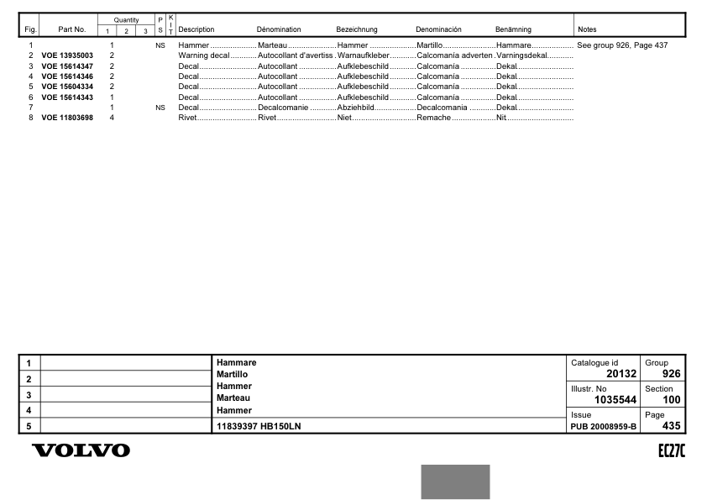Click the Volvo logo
pyautogui.click(x=81, y=451)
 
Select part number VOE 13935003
pyautogui.click(x=67, y=55)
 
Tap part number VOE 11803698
pyautogui.click(x=67, y=118)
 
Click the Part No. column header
pyautogui.click(x=72, y=29)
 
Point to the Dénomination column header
pyautogui.click(x=279, y=29)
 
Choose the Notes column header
pyautogui.click(x=587, y=29)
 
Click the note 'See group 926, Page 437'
pyautogui.click(x=622, y=45)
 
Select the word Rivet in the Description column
pyautogui.click(x=187, y=118)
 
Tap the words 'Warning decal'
pyautogui.click(x=199, y=55)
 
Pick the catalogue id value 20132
pyautogui.click(x=621, y=374)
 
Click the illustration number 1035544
pyautogui.click(x=615, y=400)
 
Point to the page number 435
pyautogui.click(x=671, y=426)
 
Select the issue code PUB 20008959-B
pyautogui.click(x=604, y=426)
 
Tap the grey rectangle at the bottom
pyautogui.click(x=455, y=482)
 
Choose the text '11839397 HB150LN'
pyautogui.click(x=259, y=426)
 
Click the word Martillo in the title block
pyautogui.click(x=232, y=373)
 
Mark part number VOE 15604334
pyautogui.click(x=67, y=87)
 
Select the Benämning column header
pyautogui.click(x=513, y=29)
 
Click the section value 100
pyautogui.click(x=671, y=400)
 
